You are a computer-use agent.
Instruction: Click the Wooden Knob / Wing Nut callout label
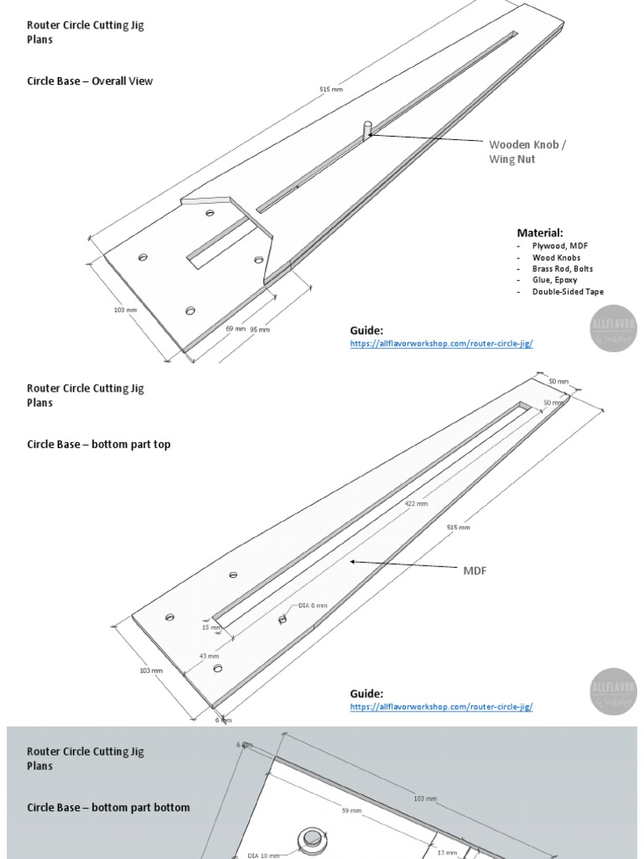(x=527, y=151)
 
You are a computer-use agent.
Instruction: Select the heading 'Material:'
(x=540, y=232)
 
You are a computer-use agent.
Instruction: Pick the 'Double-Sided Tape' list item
(x=568, y=292)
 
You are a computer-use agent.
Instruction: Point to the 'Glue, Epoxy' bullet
(x=554, y=280)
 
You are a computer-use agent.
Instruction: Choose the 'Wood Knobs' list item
(x=556, y=257)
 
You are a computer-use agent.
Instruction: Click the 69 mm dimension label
(x=236, y=329)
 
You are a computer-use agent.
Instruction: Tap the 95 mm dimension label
(x=260, y=330)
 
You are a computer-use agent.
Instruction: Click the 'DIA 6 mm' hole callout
(x=313, y=605)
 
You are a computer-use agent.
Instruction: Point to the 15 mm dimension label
(x=211, y=627)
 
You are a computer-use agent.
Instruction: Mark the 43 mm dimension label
(x=209, y=656)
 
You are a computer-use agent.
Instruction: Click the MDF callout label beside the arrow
(x=475, y=570)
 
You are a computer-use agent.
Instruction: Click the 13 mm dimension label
(x=447, y=852)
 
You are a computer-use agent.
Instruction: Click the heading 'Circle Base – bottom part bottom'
(x=108, y=807)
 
